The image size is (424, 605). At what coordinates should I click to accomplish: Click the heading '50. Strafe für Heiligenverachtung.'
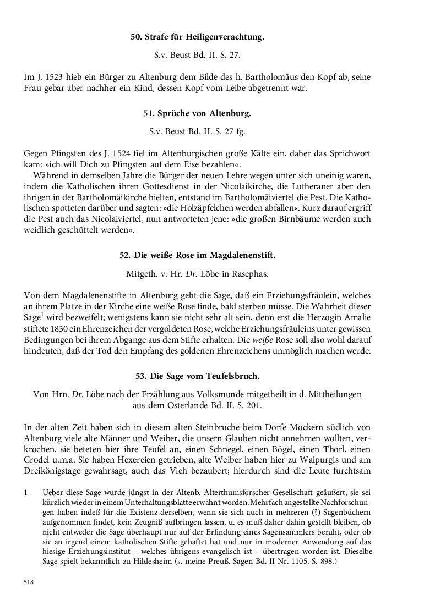tap(197, 37)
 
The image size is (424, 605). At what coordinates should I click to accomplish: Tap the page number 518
tap(29, 581)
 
